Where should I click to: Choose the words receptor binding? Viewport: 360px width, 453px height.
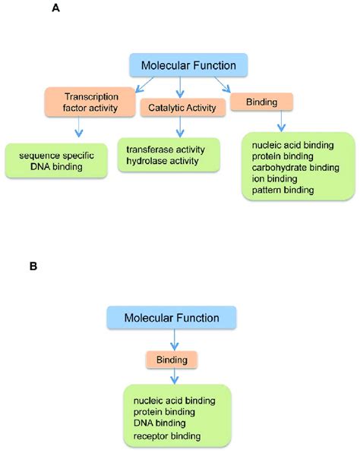tap(168, 436)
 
